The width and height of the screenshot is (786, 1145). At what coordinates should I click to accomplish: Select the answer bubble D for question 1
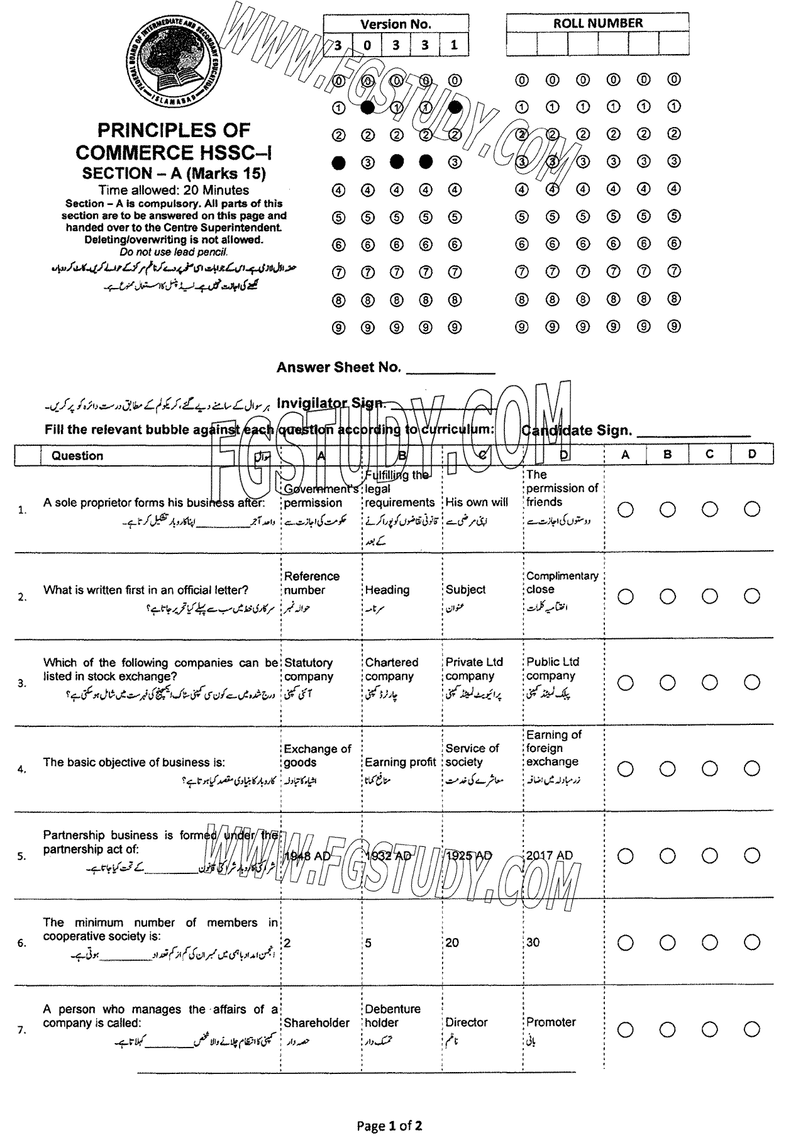pyautogui.click(x=751, y=509)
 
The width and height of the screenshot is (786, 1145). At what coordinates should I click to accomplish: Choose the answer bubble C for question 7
pyautogui.click(x=710, y=1029)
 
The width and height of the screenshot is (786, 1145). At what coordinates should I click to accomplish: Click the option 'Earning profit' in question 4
pyautogui.click(x=400, y=762)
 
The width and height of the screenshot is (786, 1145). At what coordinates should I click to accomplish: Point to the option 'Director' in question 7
pyautogui.click(x=467, y=1022)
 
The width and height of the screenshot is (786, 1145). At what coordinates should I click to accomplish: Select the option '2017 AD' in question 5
pyautogui.click(x=550, y=855)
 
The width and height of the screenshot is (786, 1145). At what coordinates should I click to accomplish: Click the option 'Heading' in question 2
pyautogui.click(x=387, y=590)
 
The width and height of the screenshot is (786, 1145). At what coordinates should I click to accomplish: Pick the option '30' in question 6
pyautogui.click(x=533, y=943)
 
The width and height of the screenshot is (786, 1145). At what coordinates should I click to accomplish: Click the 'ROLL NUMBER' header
pyautogui.click(x=597, y=23)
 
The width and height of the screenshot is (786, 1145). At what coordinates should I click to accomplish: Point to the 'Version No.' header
pyautogui.click(x=396, y=24)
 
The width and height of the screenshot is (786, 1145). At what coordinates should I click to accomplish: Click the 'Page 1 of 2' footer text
pyautogui.click(x=389, y=1125)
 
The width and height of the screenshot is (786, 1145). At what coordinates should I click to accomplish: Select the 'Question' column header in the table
pyautogui.click(x=77, y=456)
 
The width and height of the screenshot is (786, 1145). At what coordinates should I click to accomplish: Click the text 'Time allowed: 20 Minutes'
pyautogui.click(x=174, y=190)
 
